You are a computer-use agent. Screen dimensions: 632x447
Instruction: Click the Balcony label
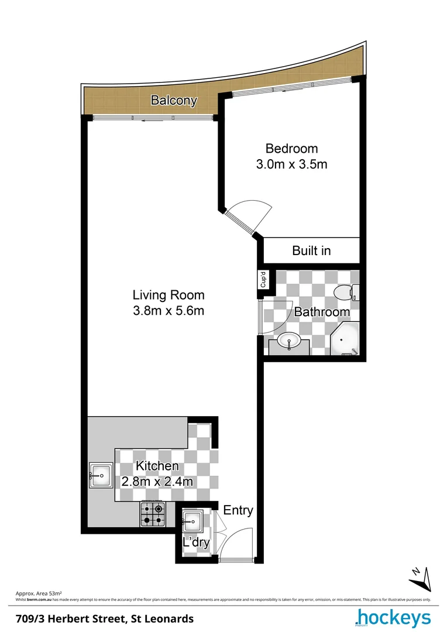pyautogui.click(x=174, y=100)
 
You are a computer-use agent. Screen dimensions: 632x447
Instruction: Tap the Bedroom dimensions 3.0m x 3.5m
pyautogui.click(x=291, y=164)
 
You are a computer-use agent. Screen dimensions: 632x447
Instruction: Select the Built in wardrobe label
pyautogui.click(x=311, y=250)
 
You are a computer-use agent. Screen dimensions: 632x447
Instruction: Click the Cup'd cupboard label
pyautogui.click(x=263, y=280)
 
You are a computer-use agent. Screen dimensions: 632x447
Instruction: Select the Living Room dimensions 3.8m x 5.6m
pyautogui.click(x=169, y=311)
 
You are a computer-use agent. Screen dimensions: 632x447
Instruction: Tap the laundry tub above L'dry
pyautogui.click(x=193, y=520)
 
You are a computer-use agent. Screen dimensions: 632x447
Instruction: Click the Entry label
pyautogui.click(x=238, y=510)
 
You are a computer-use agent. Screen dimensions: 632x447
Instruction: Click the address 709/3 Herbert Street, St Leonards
pyautogui.click(x=104, y=618)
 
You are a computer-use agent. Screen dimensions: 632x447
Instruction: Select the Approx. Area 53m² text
pyautogui.click(x=39, y=593)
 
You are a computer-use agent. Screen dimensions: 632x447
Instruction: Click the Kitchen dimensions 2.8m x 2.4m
pyautogui.click(x=157, y=482)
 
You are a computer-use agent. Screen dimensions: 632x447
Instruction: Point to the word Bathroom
pyautogui.click(x=322, y=312)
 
